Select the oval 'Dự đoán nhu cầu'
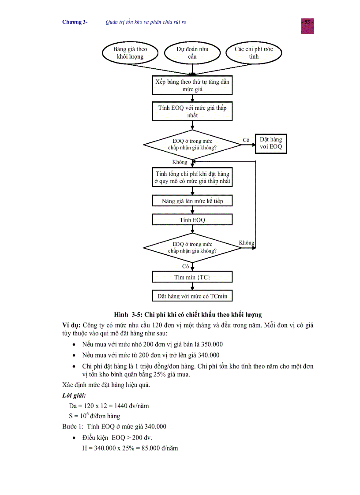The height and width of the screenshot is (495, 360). (x=192, y=53)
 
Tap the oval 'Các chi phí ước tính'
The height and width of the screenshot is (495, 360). (x=254, y=53)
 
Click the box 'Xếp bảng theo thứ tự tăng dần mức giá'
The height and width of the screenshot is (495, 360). (x=192, y=86)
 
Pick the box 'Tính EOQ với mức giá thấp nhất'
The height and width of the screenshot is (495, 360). (x=192, y=112)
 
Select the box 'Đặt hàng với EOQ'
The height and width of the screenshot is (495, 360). (x=271, y=143)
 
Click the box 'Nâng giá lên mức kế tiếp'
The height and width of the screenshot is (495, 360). (x=192, y=201)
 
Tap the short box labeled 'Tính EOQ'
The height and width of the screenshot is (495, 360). (x=192, y=220)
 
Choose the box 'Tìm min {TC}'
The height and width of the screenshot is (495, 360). (x=192, y=277)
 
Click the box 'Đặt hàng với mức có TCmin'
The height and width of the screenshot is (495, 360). (x=192, y=296)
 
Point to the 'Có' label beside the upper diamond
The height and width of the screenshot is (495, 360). (x=246, y=140)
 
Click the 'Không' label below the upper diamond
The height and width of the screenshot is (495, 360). (x=180, y=162)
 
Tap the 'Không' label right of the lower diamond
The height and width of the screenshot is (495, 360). (x=246, y=243)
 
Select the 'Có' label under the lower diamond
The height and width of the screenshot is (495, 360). (x=185, y=266)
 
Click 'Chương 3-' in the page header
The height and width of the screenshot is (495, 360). (x=75, y=22)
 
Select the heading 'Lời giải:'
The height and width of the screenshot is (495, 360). (x=74, y=395)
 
